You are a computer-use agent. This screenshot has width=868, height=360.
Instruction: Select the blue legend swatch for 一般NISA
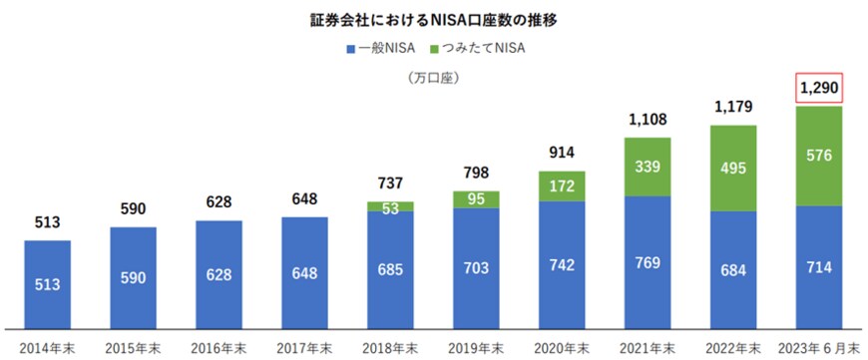351,47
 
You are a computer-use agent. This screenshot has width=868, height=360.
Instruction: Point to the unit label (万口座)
431,79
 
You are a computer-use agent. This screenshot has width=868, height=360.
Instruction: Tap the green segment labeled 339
648,167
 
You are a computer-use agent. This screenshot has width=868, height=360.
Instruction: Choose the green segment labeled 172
562,185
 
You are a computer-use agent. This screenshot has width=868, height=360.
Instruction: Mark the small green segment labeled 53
390,206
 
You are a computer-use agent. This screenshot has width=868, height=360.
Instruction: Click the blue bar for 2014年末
47,284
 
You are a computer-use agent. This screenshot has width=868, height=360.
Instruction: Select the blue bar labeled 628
218,274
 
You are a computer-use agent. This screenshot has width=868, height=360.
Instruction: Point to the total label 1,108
648,120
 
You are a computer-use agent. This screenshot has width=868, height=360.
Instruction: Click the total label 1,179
733,107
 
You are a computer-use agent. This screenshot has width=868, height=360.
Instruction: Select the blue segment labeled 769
648,262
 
